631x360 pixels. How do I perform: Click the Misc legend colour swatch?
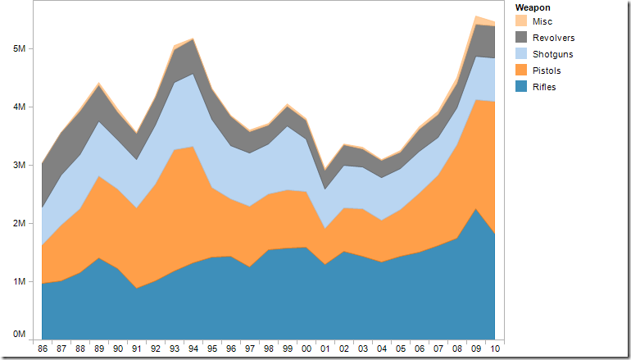[520, 21]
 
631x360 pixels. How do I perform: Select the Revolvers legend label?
[553, 38]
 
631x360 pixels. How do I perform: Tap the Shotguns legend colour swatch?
[520, 54]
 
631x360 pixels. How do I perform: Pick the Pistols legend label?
[547, 71]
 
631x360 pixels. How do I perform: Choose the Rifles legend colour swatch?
[520, 87]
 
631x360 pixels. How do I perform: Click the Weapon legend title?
[533, 7]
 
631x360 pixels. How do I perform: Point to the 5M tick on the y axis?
[20, 48]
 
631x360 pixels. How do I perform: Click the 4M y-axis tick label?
[20, 107]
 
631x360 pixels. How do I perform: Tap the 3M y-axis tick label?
[20, 165]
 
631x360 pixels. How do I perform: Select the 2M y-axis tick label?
[20, 223]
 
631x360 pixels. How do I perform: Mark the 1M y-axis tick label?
[20, 281]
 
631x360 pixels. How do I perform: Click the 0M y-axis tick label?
[20, 335]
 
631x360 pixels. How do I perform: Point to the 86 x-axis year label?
[42, 350]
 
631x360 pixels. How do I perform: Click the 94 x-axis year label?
[193, 350]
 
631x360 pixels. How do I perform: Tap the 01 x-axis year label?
[325, 350]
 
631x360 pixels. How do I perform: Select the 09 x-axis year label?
[476, 350]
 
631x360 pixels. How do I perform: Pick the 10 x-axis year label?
[494, 350]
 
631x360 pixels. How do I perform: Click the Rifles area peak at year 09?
[476, 209]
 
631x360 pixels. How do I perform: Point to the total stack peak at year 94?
[193, 39]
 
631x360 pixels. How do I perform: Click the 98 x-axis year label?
[268, 350]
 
